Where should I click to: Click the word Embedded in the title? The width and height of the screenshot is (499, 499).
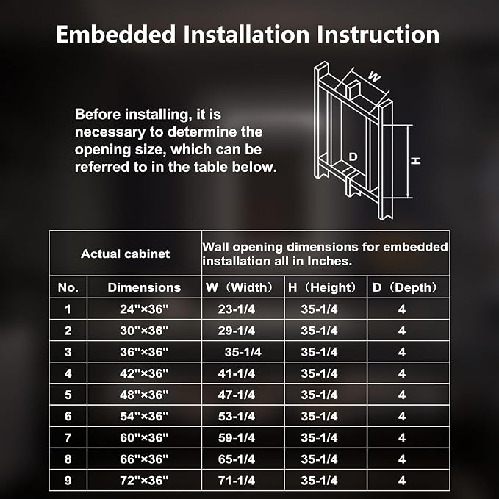[116, 34]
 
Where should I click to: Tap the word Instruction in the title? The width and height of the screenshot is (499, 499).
[378, 34]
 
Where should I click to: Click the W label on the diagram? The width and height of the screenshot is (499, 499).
[374, 76]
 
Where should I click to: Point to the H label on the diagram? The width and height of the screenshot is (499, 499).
[415, 161]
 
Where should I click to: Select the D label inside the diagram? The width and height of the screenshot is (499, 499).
[353, 157]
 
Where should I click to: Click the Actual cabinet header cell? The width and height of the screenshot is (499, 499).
[126, 254]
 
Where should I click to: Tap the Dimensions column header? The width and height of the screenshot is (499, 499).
[144, 287]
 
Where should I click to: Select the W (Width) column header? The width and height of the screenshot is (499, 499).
[240, 287]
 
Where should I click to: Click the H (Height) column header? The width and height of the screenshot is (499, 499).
[322, 287]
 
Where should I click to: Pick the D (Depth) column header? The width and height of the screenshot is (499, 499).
[404, 287]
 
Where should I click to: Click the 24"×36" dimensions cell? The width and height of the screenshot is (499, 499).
[144, 309]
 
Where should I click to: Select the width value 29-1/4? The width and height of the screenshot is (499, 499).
[237, 331]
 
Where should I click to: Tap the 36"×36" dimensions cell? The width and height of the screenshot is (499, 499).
[144, 352]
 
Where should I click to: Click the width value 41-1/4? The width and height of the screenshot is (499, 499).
[237, 373]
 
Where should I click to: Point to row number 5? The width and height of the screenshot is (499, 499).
[68, 395]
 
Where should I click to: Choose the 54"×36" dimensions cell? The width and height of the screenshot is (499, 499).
[144, 416]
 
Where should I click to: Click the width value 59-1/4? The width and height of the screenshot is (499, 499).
[237, 438]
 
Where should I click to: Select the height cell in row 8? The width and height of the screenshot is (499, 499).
[319, 459]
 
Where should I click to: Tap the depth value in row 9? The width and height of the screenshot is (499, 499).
[402, 481]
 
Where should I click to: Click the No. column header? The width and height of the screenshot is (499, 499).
[68, 287]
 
